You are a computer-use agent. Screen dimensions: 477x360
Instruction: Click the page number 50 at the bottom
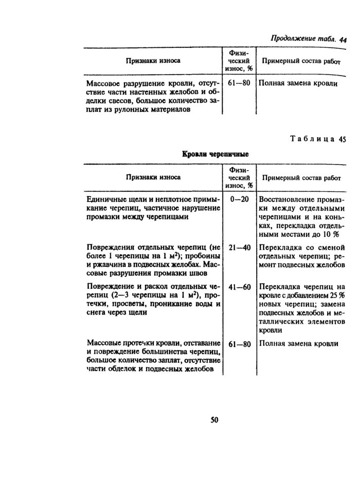click(x=214, y=419)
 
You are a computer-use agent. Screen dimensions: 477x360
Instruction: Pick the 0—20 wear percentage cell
click(x=240, y=199)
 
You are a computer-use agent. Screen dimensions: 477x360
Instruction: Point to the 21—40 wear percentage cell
click(x=240, y=247)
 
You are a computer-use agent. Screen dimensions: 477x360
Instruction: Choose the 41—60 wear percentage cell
click(x=240, y=286)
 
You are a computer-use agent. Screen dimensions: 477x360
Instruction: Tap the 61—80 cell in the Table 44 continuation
click(x=240, y=83)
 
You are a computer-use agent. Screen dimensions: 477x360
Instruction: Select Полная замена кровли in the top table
click(x=298, y=83)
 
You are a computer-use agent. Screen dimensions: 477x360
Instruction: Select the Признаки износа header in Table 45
click(x=153, y=177)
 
